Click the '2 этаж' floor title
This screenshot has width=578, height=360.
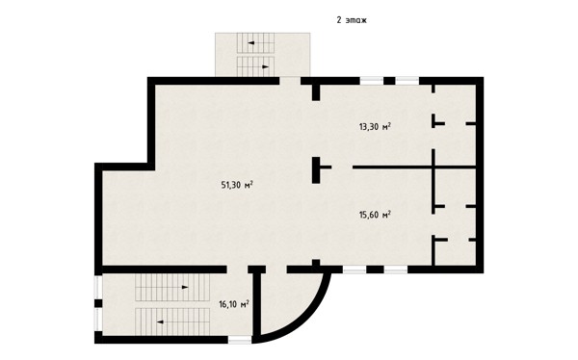pos(352,20)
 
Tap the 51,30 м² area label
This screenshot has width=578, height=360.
pos(237,185)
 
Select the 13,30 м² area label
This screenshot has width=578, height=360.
pos(375,127)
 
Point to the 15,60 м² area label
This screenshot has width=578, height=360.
pos(375,215)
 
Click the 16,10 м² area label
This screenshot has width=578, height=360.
pos(234,304)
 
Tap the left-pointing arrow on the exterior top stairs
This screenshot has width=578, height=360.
pos(251,42)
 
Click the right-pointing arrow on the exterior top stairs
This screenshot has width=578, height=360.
pos(266,66)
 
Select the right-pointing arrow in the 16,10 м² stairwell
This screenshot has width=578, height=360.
pos(185,287)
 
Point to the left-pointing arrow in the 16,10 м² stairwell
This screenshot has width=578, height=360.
pos(160,321)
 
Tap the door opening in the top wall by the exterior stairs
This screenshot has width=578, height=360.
pos(290,81)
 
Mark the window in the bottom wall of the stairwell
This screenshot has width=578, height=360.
pos(240,340)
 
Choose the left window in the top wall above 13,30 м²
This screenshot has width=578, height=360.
pos(372,81)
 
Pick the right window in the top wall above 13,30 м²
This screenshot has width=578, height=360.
pos(407,81)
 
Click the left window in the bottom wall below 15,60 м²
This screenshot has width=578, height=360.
pos(355,270)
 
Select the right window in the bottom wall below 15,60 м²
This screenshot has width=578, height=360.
pos(396,270)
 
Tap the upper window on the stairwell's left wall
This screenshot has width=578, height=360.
pos(98,288)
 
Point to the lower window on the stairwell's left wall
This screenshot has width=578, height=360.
pos(98,320)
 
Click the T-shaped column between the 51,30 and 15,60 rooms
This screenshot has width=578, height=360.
pos(319,169)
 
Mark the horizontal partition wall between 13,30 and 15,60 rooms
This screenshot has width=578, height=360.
pos(414,167)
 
